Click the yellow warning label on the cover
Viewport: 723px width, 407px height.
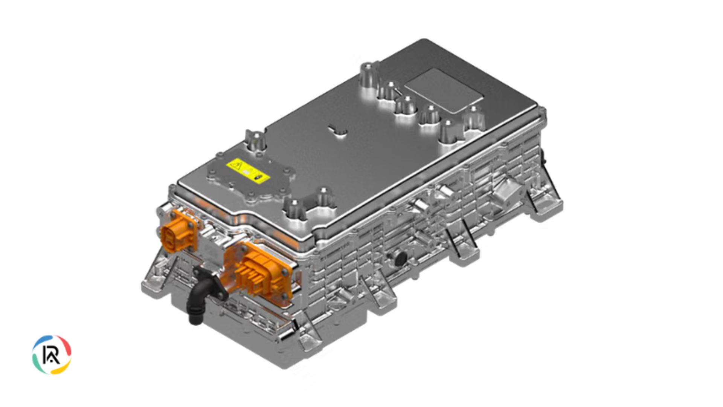[x=247, y=171]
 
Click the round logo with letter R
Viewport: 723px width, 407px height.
[x=52, y=355]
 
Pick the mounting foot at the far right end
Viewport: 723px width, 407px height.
[x=546, y=203]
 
